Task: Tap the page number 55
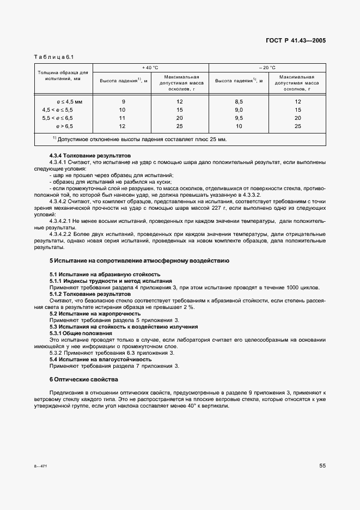tap(322, 465)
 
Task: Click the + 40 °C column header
tap(150, 68)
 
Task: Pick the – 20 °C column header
tap(267, 68)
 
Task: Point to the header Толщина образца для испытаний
tap(63, 75)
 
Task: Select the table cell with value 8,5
tap(239, 101)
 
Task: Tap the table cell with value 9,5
tap(239, 118)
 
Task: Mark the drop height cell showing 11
tap(123, 118)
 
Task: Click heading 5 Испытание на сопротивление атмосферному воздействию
tap(139, 260)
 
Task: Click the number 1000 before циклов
tap(296, 288)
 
